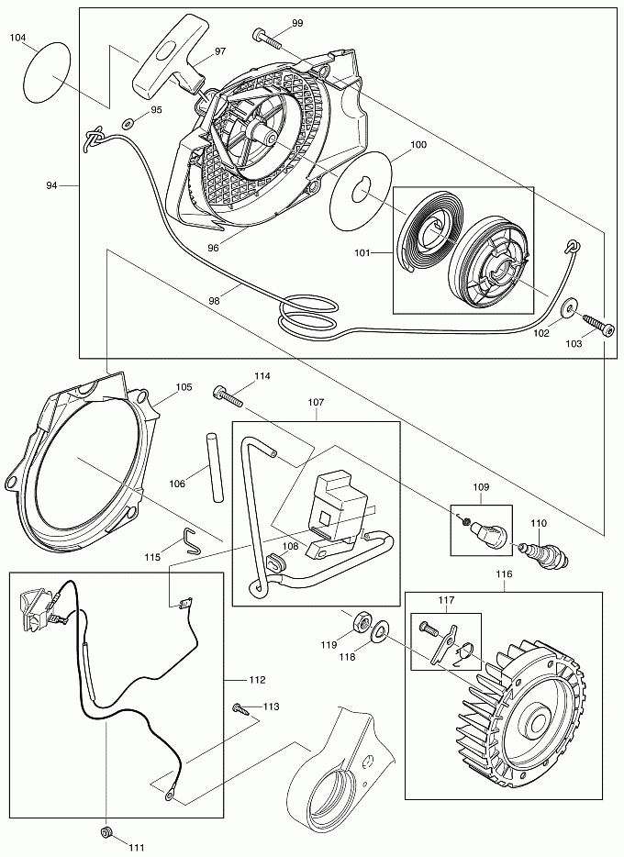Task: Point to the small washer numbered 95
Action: (128, 123)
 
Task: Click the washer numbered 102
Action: (570, 307)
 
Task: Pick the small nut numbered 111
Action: (106, 831)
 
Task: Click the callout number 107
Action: (316, 402)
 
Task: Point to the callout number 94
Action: (51, 185)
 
